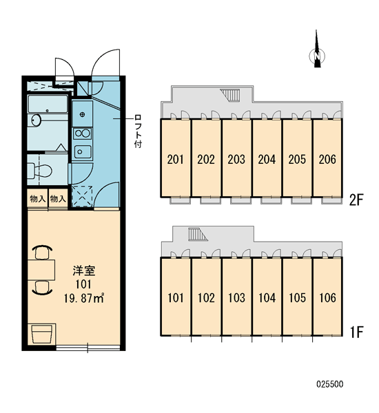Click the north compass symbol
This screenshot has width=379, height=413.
pyautogui.click(x=317, y=53)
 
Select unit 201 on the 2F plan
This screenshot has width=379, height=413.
pyautogui.click(x=176, y=158)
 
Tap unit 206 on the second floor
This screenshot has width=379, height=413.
pyautogui.click(x=327, y=158)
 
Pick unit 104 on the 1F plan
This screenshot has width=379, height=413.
pyautogui.click(x=267, y=297)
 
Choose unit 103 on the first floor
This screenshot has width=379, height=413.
pyautogui.click(x=236, y=297)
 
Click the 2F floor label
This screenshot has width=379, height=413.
pyautogui.click(x=356, y=200)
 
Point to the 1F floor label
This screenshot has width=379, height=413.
pyautogui.click(x=356, y=332)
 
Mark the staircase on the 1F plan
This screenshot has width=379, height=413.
pyautogui.click(x=197, y=235)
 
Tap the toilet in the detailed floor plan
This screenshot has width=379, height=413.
pyautogui.click(x=40, y=170)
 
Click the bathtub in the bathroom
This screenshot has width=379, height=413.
pyautogui.click(x=48, y=105)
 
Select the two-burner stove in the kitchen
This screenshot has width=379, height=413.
pyautogui.click(x=82, y=134)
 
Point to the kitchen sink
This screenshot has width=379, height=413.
pyautogui.click(x=83, y=151)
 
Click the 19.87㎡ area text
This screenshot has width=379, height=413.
pyautogui.click(x=84, y=298)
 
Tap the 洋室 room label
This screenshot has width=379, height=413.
pyautogui.click(x=84, y=271)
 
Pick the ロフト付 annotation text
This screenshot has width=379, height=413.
pyautogui.click(x=138, y=131)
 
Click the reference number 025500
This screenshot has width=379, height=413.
pyautogui.click(x=330, y=384)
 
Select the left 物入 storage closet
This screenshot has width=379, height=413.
pyautogui.click(x=38, y=199)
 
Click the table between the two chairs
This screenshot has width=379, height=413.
pyautogui.click(x=41, y=270)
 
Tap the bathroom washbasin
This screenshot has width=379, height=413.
pyautogui.click(x=36, y=120)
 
